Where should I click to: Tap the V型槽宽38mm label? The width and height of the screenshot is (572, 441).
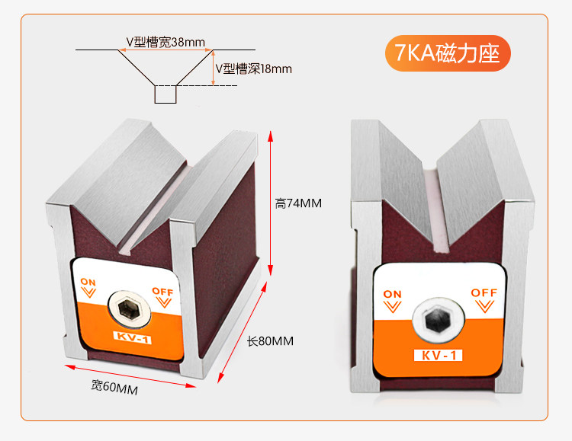point(166,43)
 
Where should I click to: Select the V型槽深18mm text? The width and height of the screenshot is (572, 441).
point(254,69)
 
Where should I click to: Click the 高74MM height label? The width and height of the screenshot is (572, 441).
point(299,203)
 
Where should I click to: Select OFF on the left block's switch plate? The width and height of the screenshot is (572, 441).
point(162,291)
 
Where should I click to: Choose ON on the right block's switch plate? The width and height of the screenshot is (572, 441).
point(392,294)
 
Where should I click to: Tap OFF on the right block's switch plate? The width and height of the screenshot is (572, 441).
point(484,292)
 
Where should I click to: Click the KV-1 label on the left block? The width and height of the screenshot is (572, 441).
point(133,339)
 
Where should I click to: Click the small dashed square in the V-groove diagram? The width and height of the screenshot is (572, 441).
point(165,94)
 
